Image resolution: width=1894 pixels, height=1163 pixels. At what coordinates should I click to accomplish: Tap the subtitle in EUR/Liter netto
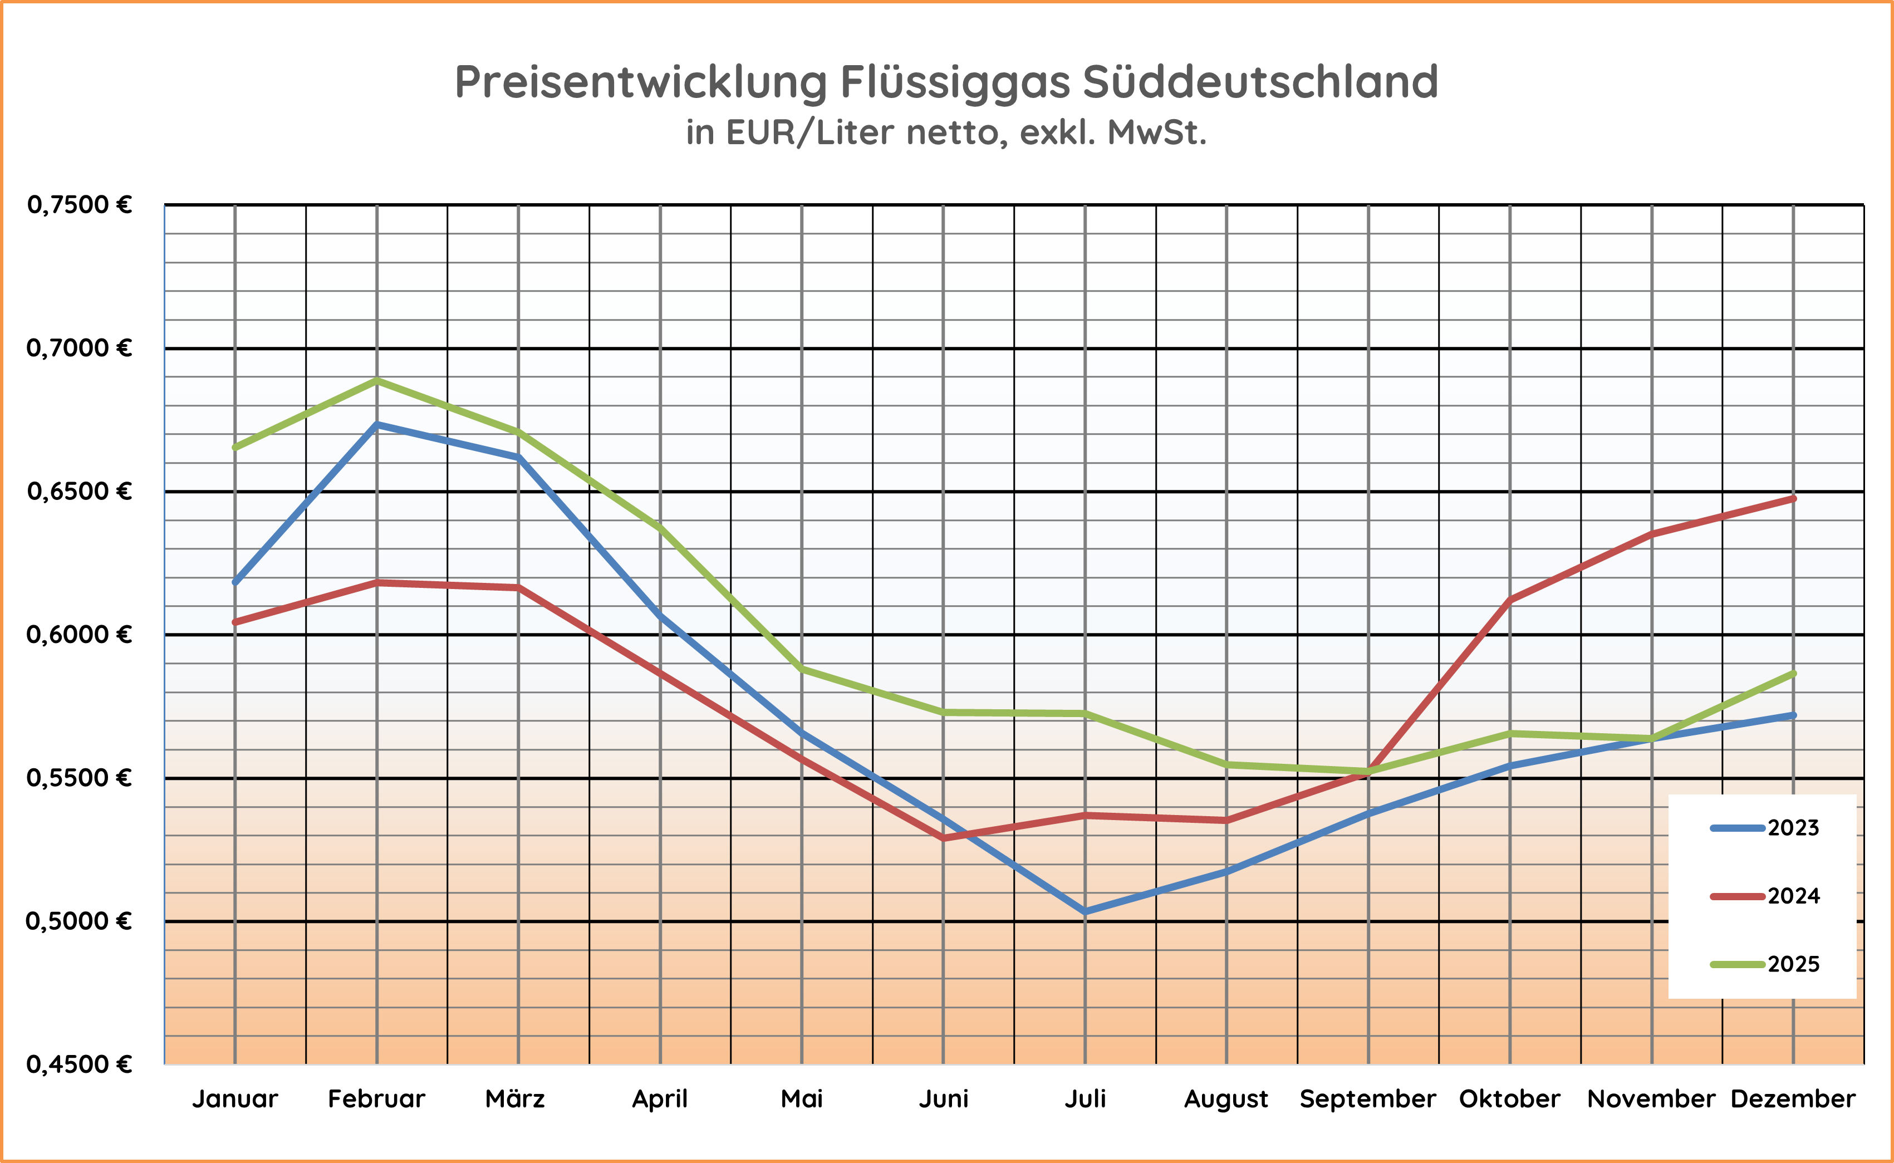coord(946,133)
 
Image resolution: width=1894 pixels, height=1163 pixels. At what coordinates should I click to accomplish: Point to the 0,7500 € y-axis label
coord(79,205)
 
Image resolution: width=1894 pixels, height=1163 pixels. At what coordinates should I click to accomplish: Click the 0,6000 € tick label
coord(79,635)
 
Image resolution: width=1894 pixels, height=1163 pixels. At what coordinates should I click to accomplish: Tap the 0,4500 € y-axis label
coord(79,1064)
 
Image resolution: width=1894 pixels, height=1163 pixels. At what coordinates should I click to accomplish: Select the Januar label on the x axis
coord(234,1099)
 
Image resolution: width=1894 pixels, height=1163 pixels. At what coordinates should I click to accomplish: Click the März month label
coord(515,1099)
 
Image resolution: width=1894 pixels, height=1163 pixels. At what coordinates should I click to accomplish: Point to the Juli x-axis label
coord(1085,1099)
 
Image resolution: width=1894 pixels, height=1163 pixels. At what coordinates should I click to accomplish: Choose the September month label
coord(1368,1099)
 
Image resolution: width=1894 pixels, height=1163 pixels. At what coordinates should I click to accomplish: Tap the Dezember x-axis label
coord(1793,1099)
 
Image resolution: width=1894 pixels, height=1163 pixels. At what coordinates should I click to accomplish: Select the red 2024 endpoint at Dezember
coord(1793,498)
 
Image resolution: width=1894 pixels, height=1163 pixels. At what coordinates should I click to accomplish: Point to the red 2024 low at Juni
coord(944,838)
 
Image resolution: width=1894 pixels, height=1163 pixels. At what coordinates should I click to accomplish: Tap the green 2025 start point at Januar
coord(234,448)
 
